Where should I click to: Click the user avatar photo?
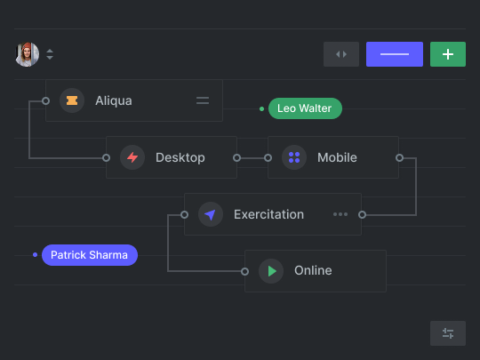[28, 54]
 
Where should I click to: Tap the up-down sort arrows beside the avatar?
[50, 54]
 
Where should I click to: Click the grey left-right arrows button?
[341, 54]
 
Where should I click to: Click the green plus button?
[448, 54]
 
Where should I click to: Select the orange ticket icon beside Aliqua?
[72, 100]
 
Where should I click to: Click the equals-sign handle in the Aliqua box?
[203, 100]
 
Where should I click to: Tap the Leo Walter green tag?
[305, 108]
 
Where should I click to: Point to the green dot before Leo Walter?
[261, 108]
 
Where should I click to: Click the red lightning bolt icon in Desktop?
[132, 157]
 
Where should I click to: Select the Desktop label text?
[180, 157]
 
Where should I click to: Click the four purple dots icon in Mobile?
[294, 157]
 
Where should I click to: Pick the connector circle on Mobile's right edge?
[399, 157]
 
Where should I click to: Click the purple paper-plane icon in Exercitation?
[211, 214]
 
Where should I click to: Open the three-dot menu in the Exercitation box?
[340, 214]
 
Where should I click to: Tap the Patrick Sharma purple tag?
[90, 255]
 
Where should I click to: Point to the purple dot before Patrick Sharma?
[36, 255]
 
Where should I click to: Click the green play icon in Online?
[272, 271]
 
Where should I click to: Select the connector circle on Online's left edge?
[244, 271]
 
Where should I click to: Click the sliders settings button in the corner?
[448, 333]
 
